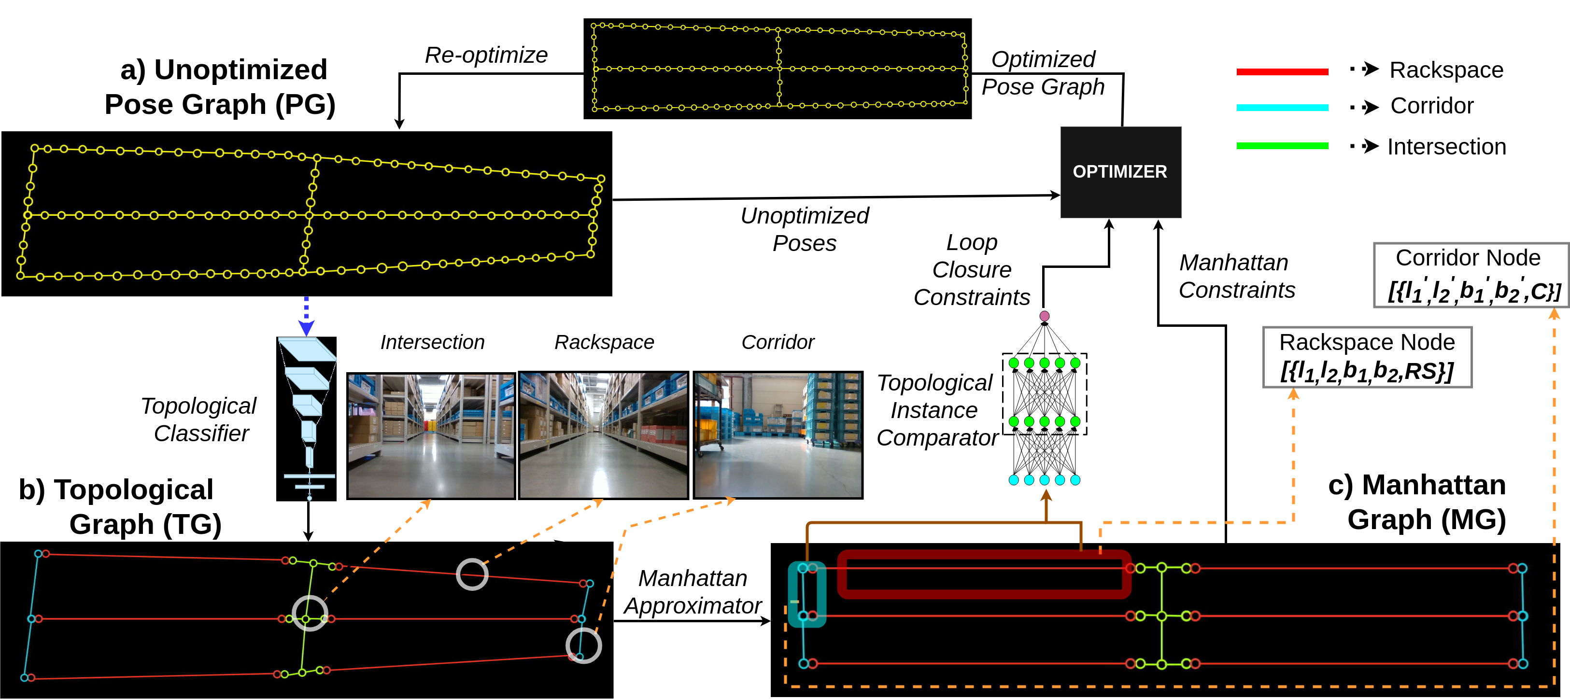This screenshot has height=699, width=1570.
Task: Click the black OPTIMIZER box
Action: click(1120, 172)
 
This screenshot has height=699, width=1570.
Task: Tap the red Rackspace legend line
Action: click(1282, 72)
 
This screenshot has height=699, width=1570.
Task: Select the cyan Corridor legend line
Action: click(1282, 108)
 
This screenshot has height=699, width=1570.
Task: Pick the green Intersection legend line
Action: click(1282, 146)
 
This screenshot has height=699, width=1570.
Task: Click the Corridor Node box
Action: click(1471, 275)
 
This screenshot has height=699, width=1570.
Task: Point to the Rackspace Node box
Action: click(1367, 357)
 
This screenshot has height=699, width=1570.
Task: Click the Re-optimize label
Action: click(486, 56)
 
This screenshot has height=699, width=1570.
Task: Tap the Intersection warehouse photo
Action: click(431, 436)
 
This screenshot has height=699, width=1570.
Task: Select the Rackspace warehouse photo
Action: click(603, 436)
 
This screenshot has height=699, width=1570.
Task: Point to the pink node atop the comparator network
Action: click(1044, 316)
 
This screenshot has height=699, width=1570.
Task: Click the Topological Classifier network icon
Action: click(307, 419)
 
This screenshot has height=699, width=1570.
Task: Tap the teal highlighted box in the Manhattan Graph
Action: click(807, 594)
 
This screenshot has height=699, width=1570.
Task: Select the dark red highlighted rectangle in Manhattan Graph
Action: click(984, 574)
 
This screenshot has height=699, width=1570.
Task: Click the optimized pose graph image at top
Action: click(777, 68)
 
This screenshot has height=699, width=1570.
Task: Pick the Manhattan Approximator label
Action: click(693, 592)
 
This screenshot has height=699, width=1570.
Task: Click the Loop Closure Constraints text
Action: click(972, 270)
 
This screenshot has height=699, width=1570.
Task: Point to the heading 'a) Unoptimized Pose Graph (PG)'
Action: click(220, 86)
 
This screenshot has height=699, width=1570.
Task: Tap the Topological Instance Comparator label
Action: click(936, 410)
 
